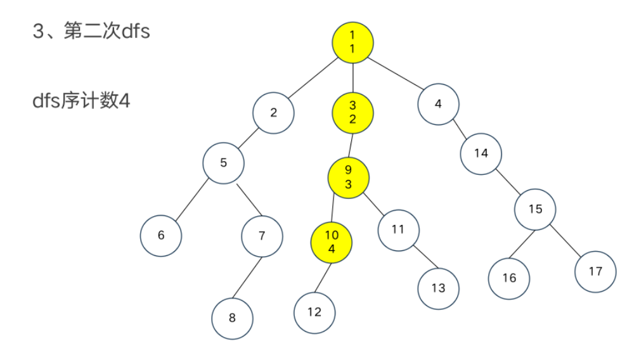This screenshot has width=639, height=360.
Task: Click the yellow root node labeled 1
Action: [352, 42]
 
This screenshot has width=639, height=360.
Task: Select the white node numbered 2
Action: [273, 113]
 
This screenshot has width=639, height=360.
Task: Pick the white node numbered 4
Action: [439, 103]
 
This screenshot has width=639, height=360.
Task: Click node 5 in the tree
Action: [223, 163]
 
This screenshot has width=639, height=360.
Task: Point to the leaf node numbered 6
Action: [161, 235]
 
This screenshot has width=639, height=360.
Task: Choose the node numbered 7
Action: [262, 236]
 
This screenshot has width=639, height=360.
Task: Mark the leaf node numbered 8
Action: [232, 318]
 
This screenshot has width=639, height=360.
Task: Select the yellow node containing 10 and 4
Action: [332, 241]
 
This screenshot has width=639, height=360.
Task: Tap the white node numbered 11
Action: [398, 229]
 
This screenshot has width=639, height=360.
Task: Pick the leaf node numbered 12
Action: [314, 312]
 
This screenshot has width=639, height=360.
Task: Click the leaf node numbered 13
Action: [438, 288]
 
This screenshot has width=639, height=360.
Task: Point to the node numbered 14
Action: [481, 154]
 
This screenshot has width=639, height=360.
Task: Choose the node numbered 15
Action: [535, 209]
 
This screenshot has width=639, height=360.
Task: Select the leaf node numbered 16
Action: [509, 278]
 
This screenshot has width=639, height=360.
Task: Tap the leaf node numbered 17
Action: [595, 271]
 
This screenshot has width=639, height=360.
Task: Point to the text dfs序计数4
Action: [81, 100]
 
